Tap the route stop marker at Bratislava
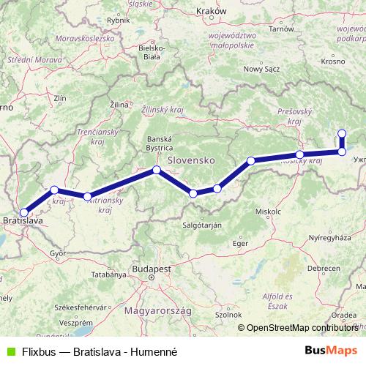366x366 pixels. pyautogui.click(x=24, y=212)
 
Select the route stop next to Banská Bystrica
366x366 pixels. pyautogui.click(x=156, y=171)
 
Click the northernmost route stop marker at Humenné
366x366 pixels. pyautogui.click(x=342, y=132)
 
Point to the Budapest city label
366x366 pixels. pyautogui.click(x=150, y=269)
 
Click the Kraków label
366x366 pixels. pyautogui.click(x=212, y=12)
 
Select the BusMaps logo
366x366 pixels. pyautogui.click(x=330, y=351)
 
